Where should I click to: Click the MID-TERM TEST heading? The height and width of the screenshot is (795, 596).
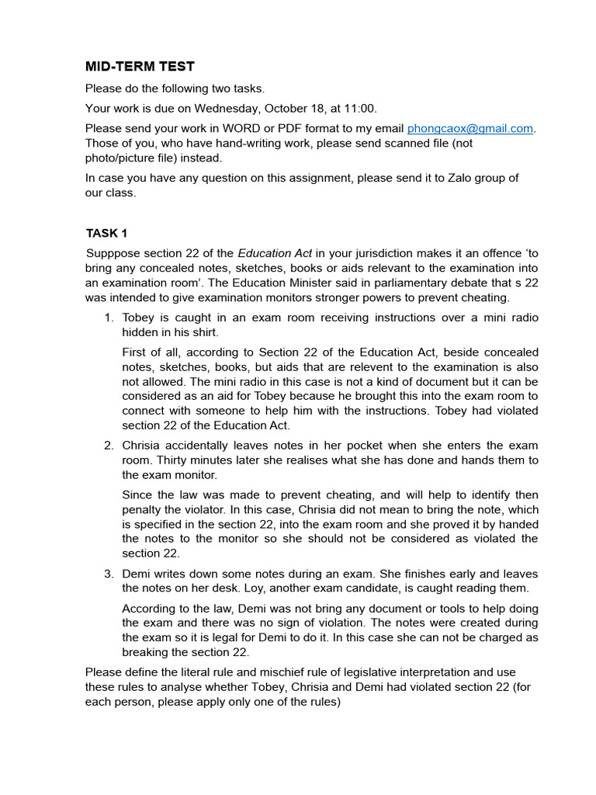140,67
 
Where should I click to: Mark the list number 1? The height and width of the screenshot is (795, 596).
109,318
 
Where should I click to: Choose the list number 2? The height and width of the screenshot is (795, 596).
109,445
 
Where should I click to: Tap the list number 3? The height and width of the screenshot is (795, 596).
109,574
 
